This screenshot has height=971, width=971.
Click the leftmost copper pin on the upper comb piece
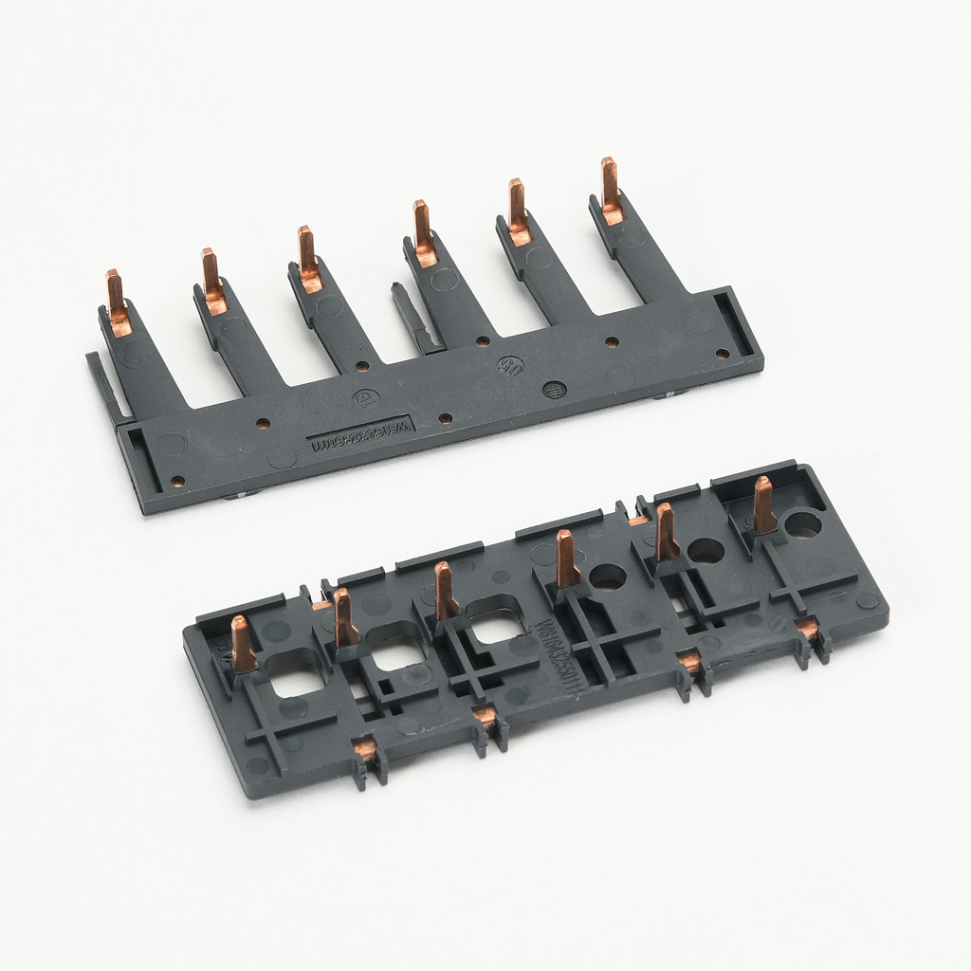pos(118,302)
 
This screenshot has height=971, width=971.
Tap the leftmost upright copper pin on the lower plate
pos(243,645)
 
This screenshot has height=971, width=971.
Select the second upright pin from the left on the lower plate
pos(344,617)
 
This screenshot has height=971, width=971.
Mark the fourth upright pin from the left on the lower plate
pos(566,559)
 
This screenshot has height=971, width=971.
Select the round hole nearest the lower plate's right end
pos(804,524)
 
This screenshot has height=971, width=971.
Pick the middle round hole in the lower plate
pos(705,550)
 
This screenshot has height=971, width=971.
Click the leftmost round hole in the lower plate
pos(608,577)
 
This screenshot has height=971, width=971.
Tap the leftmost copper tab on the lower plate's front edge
pos(365,752)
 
